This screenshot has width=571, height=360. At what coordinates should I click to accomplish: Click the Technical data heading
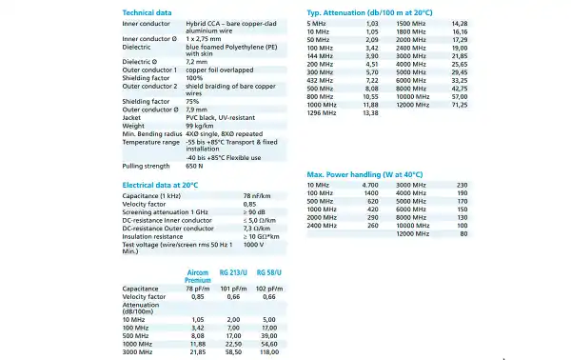coord(148,11)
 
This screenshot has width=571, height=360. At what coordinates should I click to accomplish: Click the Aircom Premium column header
coord(198,277)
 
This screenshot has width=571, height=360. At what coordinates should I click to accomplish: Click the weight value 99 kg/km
coord(201,126)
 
